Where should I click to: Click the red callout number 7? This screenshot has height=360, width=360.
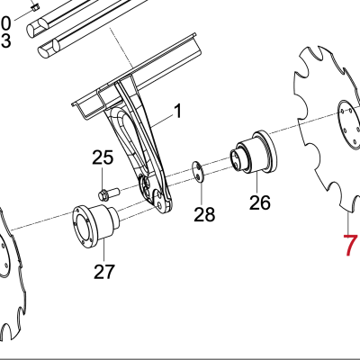[350, 246]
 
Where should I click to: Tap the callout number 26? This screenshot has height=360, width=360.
[260, 202]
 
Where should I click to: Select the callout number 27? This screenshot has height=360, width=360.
[104, 272]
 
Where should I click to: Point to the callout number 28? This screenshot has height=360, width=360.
[204, 214]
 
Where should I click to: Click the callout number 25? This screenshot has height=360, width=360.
[103, 157]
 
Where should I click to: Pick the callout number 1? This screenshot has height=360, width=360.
[178, 111]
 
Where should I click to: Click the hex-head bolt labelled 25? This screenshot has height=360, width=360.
[109, 193]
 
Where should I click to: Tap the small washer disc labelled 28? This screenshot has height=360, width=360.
[198, 172]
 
